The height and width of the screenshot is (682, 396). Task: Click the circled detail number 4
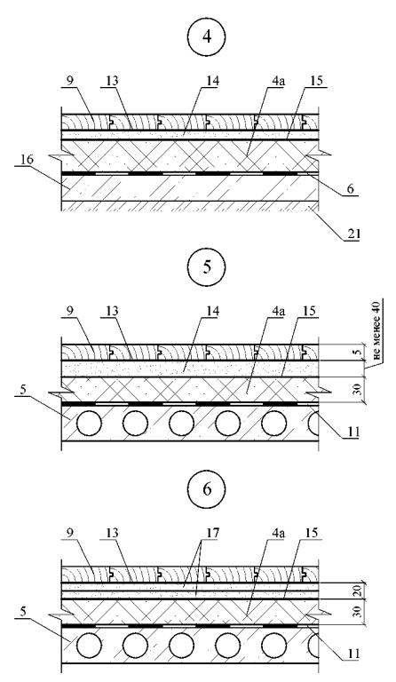click(x=207, y=36)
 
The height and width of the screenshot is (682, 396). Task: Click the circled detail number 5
click(x=207, y=266)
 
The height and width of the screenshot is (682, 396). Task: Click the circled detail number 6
click(x=207, y=488)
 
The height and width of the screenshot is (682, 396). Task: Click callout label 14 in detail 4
click(x=213, y=82)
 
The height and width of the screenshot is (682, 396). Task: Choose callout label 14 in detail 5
click(x=213, y=312)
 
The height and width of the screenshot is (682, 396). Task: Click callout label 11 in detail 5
click(x=352, y=432)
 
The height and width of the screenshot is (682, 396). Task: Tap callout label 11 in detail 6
click(x=352, y=654)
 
